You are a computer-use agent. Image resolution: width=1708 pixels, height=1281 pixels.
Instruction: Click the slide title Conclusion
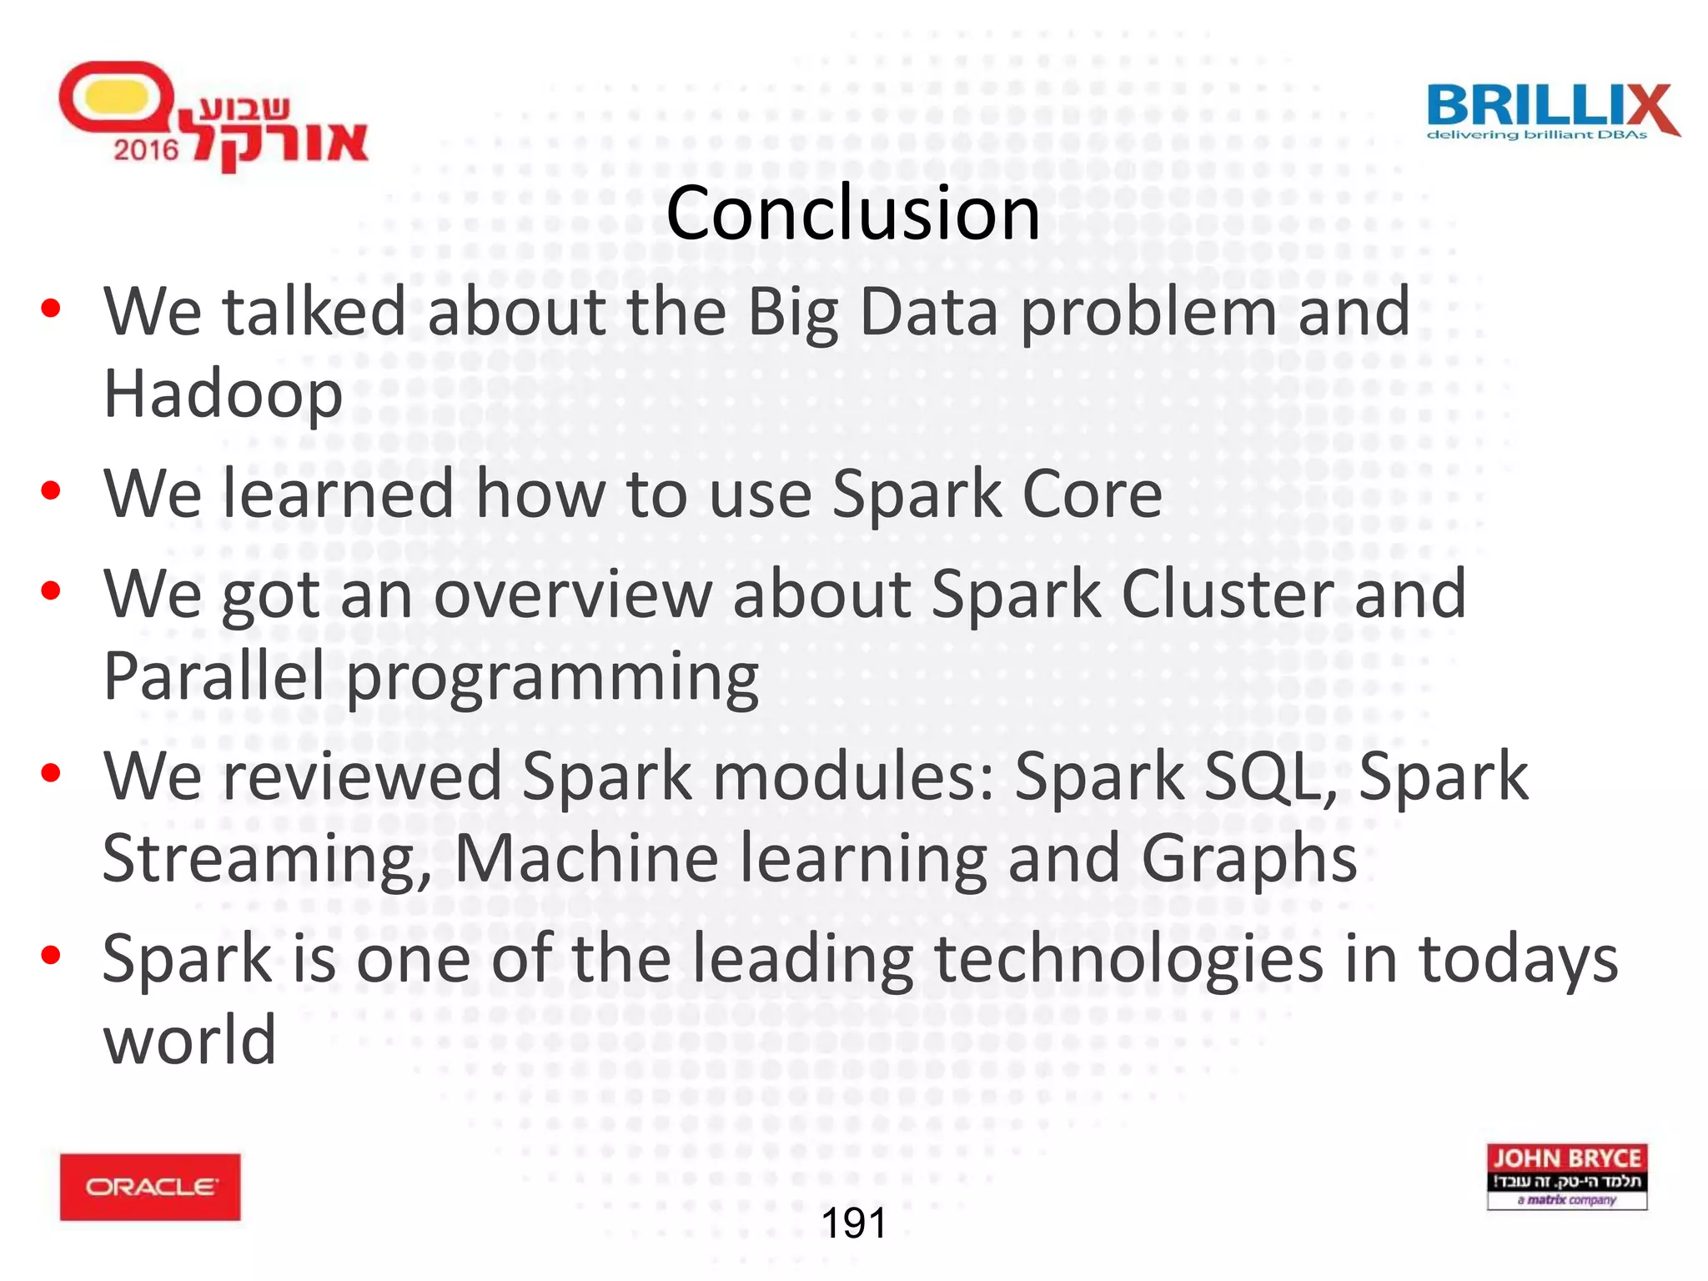(852, 213)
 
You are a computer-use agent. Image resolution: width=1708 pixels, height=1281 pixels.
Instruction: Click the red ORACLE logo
(150, 1187)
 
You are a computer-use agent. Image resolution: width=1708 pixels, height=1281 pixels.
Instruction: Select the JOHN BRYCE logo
(1566, 1176)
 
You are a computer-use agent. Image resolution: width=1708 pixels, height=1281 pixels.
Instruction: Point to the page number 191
(853, 1223)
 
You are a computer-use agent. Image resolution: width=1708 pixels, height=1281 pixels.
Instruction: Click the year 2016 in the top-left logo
(146, 150)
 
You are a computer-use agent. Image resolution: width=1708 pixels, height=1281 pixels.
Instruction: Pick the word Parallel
(213, 676)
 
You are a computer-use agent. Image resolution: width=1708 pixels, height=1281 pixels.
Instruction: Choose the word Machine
(586, 859)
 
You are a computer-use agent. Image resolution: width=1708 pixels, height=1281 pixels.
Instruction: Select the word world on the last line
(189, 1041)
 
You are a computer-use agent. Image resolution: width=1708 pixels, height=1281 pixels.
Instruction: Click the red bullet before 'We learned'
(51, 491)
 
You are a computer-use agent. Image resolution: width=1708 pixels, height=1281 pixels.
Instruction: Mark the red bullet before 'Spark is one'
(51, 956)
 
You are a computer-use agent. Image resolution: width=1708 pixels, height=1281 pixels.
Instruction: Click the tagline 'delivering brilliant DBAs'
(1537, 135)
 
